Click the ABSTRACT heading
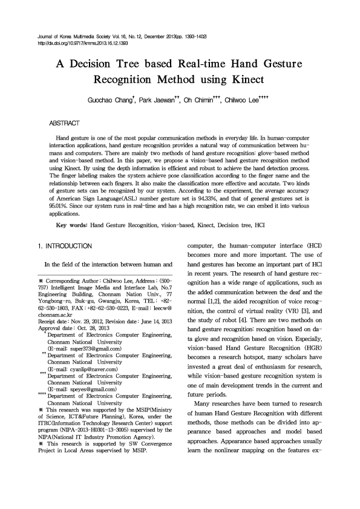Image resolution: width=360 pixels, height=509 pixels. pyautogui.click(x=64, y=123)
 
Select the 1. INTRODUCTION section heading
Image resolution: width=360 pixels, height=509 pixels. pyautogui.click(x=65, y=246)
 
